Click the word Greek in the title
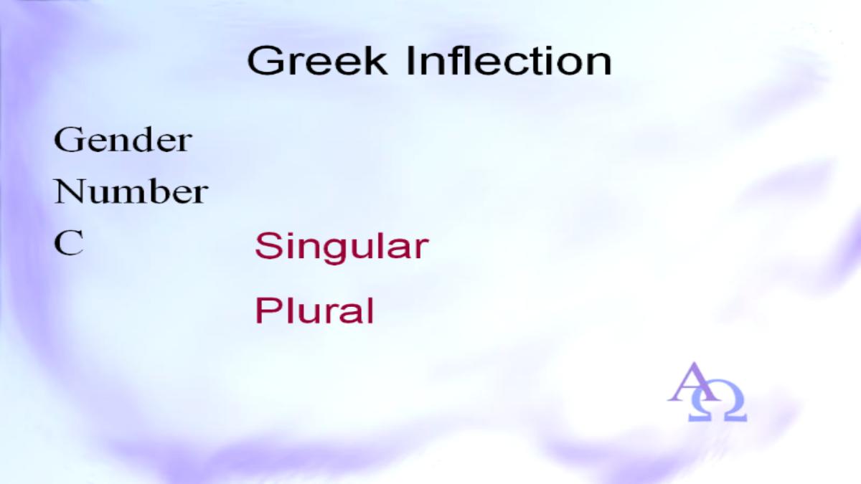[317, 61]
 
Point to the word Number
[131, 191]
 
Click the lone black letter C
[69, 243]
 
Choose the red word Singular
[342, 247]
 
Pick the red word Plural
[314, 310]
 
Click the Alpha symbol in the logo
[692, 382]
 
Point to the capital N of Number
[70, 191]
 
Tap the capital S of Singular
[267, 245]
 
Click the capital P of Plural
[267, 310]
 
